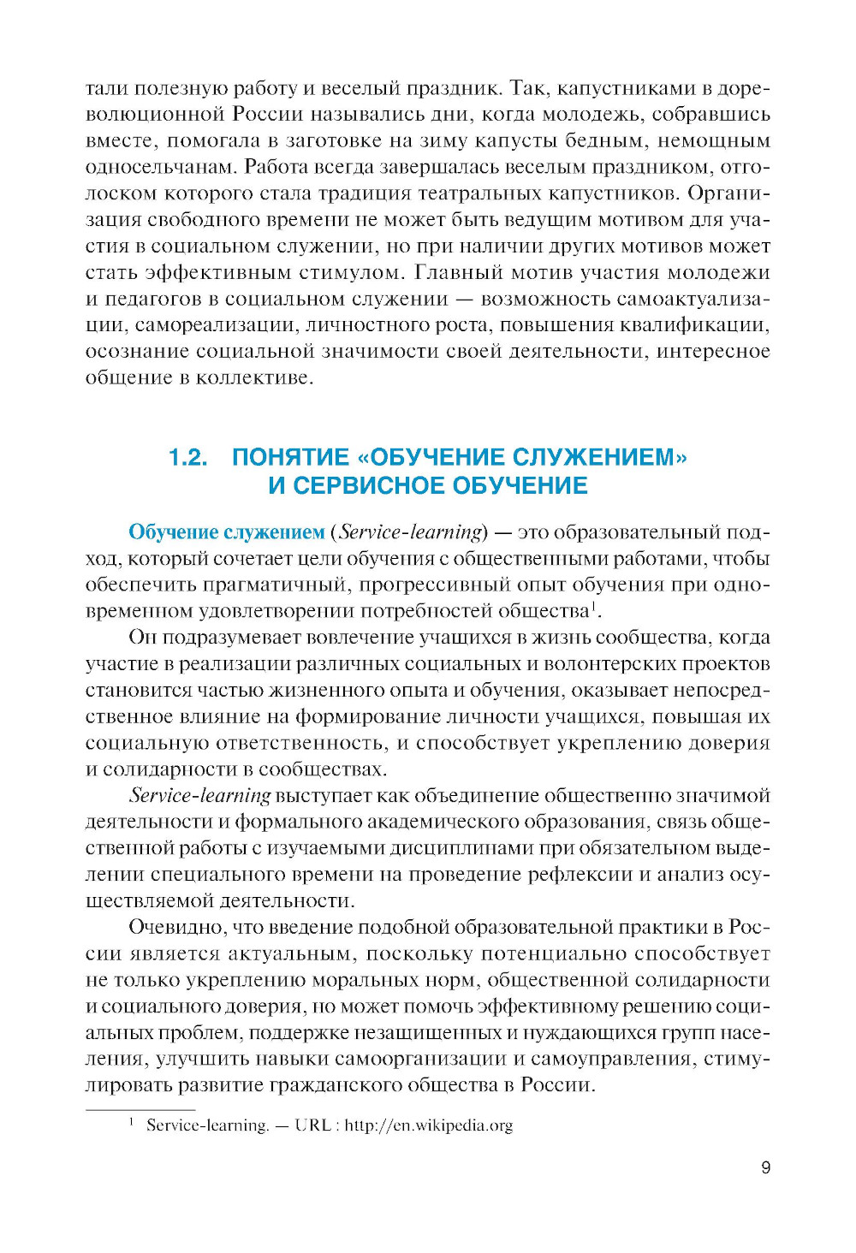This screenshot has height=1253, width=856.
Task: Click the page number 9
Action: (x=765, y=1167)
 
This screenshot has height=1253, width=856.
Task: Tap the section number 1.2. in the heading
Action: (x=188, y=457)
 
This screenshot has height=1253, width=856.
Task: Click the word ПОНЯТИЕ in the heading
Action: (x=291, y=457)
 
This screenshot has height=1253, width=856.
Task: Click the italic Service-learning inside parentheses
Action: (x=411, y=531)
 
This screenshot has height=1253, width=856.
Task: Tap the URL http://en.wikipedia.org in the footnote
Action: (x=428, y=1125)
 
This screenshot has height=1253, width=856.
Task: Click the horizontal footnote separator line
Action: (x=140, y=1109)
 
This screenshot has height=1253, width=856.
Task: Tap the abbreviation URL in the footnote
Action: (x=312, y=1125)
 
